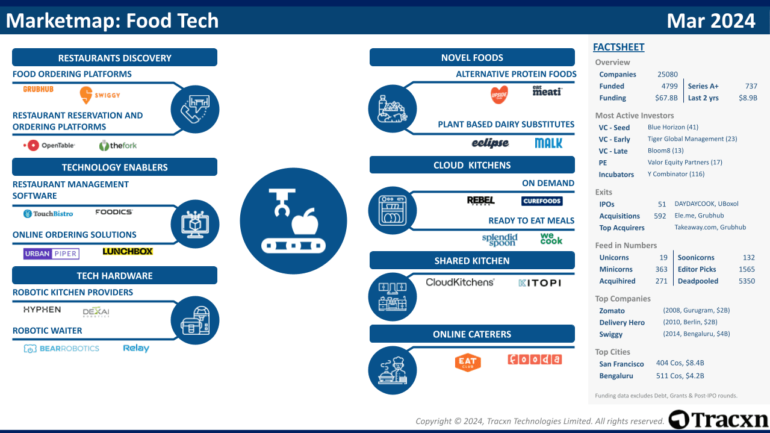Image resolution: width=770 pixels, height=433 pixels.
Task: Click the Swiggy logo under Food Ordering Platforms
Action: point(100,95)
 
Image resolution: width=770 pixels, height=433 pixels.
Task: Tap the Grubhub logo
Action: point(39,89)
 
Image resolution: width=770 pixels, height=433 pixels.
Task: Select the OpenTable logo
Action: point(49,145)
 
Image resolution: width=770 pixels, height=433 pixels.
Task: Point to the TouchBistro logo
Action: point(48,214)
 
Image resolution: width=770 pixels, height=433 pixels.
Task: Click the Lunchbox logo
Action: point(128,252)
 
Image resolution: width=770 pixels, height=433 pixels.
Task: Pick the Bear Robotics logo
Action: point(61,349)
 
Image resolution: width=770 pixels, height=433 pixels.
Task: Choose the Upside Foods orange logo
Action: point(499,95)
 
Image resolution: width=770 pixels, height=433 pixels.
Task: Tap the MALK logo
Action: point(548,143)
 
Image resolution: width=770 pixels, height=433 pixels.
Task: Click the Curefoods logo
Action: point(542,201)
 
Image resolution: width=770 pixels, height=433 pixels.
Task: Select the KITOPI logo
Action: point(539,282)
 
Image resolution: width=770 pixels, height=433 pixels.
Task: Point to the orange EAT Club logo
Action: point(468,362)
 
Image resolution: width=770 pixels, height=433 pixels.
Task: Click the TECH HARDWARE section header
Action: point(114,276)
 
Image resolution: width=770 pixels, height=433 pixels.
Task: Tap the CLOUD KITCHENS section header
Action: point(472,165)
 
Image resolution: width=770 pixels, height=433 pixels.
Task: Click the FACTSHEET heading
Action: point(618,48)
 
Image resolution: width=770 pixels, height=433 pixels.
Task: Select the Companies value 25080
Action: point(667,75)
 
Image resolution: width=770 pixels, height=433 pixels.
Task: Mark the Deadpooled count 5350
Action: point(747,281)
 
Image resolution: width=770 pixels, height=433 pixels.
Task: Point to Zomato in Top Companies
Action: point(612,311)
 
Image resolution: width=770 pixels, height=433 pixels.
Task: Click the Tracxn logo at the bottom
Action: point(718,420)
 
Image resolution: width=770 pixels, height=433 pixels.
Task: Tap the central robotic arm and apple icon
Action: point(293,221)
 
